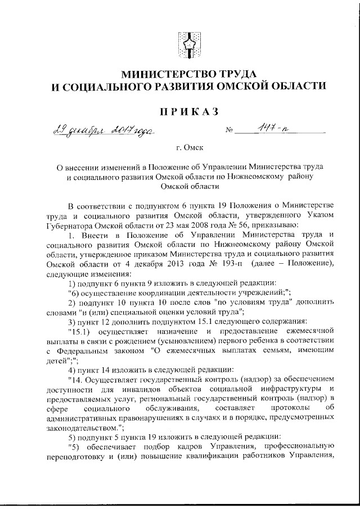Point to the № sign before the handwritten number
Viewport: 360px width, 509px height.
click(229, 133)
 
